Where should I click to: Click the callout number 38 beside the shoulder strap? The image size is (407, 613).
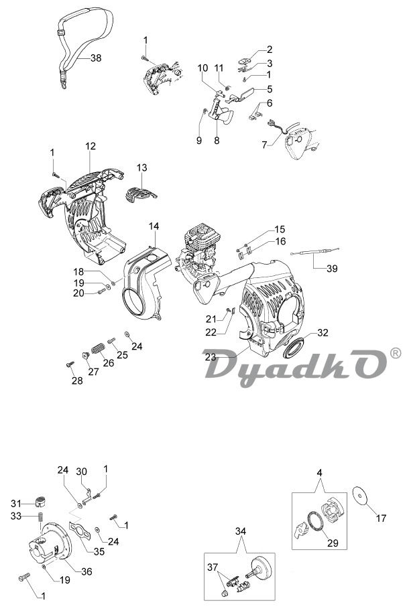point(96,58)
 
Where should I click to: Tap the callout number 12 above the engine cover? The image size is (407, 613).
point(91,146)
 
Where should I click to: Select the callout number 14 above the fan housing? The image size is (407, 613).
point(154,226)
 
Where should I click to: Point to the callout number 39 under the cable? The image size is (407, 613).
point(332,269)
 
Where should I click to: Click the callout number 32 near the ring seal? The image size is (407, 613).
point(323,333)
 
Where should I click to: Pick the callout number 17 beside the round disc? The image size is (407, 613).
point(381,519)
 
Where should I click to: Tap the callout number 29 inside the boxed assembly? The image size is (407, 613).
point(333,543)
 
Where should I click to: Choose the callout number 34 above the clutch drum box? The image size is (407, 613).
point(241,531)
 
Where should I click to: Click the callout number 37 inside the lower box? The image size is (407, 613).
point(213,567)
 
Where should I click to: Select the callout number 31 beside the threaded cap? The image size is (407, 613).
point(16,502)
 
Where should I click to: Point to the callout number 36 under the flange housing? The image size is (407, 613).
point(86,571)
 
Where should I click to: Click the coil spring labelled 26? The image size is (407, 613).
point(98,348)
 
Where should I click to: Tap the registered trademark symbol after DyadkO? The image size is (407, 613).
point(396,354)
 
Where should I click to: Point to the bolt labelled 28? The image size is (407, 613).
point(70,364)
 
